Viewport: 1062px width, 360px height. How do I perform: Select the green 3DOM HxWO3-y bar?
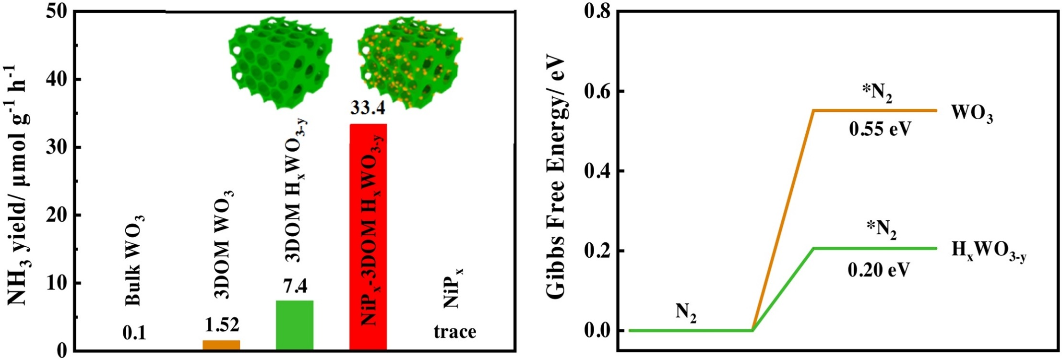[x=295, y=325]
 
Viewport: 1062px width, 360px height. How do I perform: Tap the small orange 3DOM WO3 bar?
[x=221, y=345]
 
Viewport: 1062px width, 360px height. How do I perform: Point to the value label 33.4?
[x=368, y=108]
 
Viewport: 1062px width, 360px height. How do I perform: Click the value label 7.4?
[x=295, y=286]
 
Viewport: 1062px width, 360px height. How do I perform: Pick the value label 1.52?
[x=222, y=325]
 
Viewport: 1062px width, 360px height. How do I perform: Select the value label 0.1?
[x=134, y=333]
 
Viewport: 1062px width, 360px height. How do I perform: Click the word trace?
[x=455, y=331]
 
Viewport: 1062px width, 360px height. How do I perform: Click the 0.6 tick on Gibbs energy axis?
[x=597, y=91]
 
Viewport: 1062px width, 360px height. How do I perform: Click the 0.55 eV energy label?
[x=880, y=129]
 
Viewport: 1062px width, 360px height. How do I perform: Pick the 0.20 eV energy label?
[x=879, y=270]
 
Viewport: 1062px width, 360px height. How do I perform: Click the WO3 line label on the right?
[x=972, y=115]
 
